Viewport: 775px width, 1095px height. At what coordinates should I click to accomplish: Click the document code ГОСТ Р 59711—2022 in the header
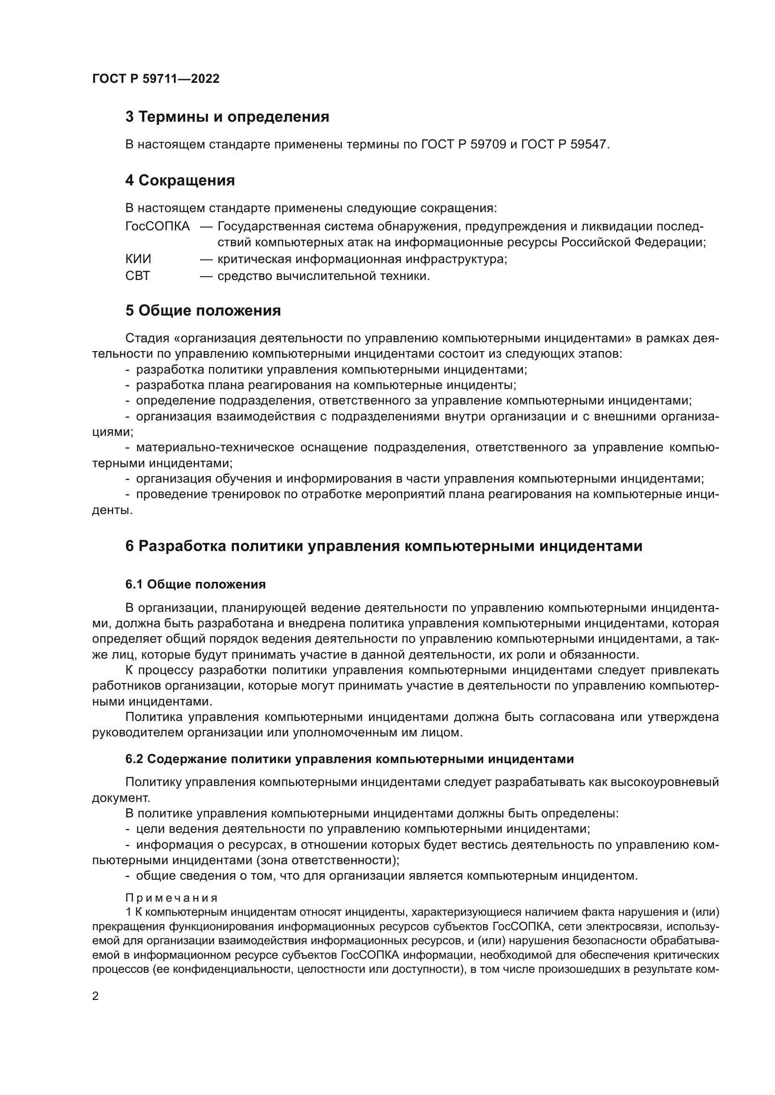(156, 79)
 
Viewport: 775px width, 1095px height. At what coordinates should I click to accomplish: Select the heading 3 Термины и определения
(227, 117)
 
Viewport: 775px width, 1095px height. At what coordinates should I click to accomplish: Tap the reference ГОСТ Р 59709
(463, 144)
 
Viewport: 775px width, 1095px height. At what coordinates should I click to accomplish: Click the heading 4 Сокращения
(180, 181)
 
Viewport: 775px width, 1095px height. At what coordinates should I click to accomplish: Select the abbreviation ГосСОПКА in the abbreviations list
(157, 226)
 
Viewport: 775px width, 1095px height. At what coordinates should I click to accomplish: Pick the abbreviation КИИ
(138, 259)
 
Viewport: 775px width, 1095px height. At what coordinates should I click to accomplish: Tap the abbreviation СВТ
(137, 276)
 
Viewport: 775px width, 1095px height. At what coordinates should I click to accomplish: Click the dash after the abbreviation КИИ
(206, 259)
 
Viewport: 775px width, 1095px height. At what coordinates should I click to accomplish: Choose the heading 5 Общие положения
(203, 311)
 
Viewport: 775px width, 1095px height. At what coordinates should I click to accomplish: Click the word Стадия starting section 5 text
(148, 338)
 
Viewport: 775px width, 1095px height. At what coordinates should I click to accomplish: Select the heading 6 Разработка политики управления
(384, 546)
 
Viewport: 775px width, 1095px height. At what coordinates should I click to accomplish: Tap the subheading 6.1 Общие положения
(195, 584)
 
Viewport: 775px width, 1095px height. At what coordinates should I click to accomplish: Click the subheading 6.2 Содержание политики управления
(350, 759)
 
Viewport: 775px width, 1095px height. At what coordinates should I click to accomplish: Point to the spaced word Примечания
(171, 898)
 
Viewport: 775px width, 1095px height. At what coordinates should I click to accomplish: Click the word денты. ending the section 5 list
(112, 510)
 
